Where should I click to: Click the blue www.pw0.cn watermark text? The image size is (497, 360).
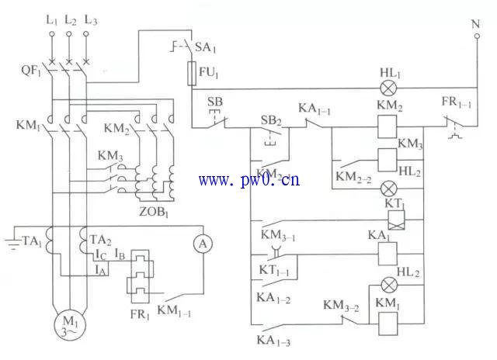click(x=248, y=181)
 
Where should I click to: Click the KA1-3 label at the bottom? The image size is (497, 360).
click(x=272, y=340)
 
